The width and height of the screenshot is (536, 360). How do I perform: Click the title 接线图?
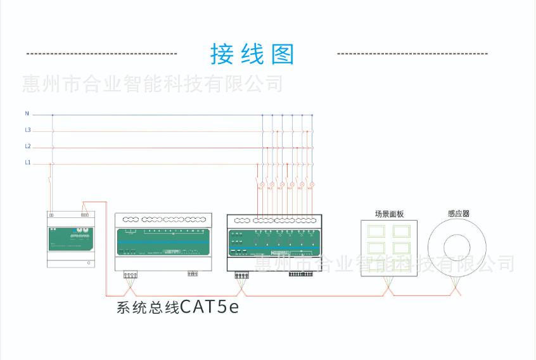pyautogui.click(x=252, y=55)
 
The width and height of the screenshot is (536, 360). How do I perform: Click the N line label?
pyautogui.click(x=27, y=113)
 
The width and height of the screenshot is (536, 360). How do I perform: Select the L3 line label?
pyautogui.click(x=27, y=130)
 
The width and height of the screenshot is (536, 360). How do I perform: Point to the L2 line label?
pyautogui.click(x=27, y=146)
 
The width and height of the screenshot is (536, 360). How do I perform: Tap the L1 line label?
pyautogui.click(x=27, y=163)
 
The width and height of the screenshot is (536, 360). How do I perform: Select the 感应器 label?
pyautogui.click(x=458, y=214)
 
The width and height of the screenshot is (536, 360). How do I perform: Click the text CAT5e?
pyautogui.click(x=210, y=307)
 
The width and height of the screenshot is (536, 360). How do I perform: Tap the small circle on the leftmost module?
pyautogui.click(x=89, y=262)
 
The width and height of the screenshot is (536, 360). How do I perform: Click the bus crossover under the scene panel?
pyautogui.click(x=389, y=290)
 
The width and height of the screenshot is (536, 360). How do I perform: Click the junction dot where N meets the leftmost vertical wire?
pyautogui.click(x=52, y=115)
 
